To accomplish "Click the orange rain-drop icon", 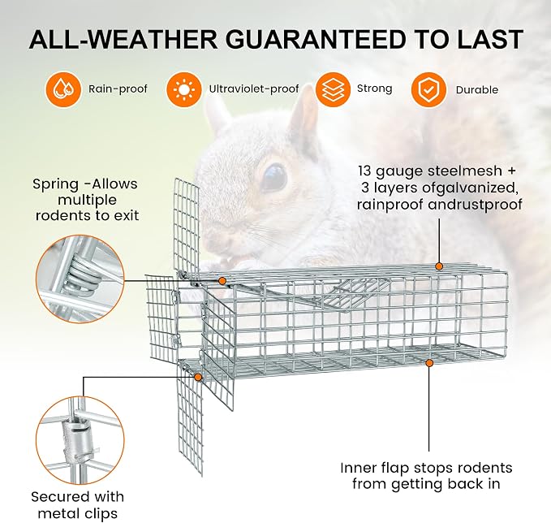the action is pyautogui.click(x=63, y=89).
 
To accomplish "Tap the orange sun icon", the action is pyautogui.click(x=183, y=89).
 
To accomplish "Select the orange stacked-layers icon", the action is pyautogui.click(x=333, y=89).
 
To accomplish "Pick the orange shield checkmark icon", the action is pyautogui.click(x=428, y=89).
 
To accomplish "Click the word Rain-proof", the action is pyautogui.click(x=118, y=89).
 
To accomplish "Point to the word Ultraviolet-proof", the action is pyautogui.click(x=254, y=89).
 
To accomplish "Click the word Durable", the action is pyautogui.click(x=477, y=90).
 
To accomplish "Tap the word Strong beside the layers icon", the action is pyautogui.click(x=374, y=89).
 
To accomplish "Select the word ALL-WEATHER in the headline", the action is pyautogui.click(x=123, y=40).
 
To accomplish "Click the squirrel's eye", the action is pyautogui.click(x=273, y=178).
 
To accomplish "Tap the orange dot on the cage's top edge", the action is pyautogui.click(x=438, y=266).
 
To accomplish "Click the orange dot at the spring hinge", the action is pyautogui.click(x=222, y=281).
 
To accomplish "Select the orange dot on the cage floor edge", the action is pyautogui.click(x=429, y=363).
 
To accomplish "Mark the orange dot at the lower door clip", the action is pyautogui.click(x=198, y=378).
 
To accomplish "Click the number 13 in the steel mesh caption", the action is pyautogui.click(x=364, y=171).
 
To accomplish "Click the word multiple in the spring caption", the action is pyautogui.click(x=87, y=200).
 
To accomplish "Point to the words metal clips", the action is pyautogui.click(x=78, y=513).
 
